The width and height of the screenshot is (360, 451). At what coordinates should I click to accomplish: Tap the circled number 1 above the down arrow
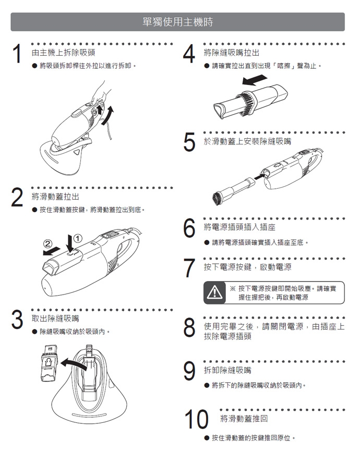[x=78, y=238]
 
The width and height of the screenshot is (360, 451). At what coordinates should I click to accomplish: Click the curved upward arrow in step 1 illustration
[x=109, y=116]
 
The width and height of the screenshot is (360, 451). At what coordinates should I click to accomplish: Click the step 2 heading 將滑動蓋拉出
[x=55, y=197]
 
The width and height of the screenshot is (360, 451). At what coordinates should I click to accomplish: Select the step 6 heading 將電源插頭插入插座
[x=239, y=227]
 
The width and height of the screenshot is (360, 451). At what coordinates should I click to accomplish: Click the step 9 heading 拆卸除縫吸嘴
[x=227, y=370]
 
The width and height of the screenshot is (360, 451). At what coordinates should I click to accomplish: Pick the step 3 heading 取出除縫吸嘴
[x=55, y=318]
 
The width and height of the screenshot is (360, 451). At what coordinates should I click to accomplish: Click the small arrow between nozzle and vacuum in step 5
[x=255, y=179]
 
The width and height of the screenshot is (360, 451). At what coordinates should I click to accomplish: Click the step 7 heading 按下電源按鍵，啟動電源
[x=247, y=267]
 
